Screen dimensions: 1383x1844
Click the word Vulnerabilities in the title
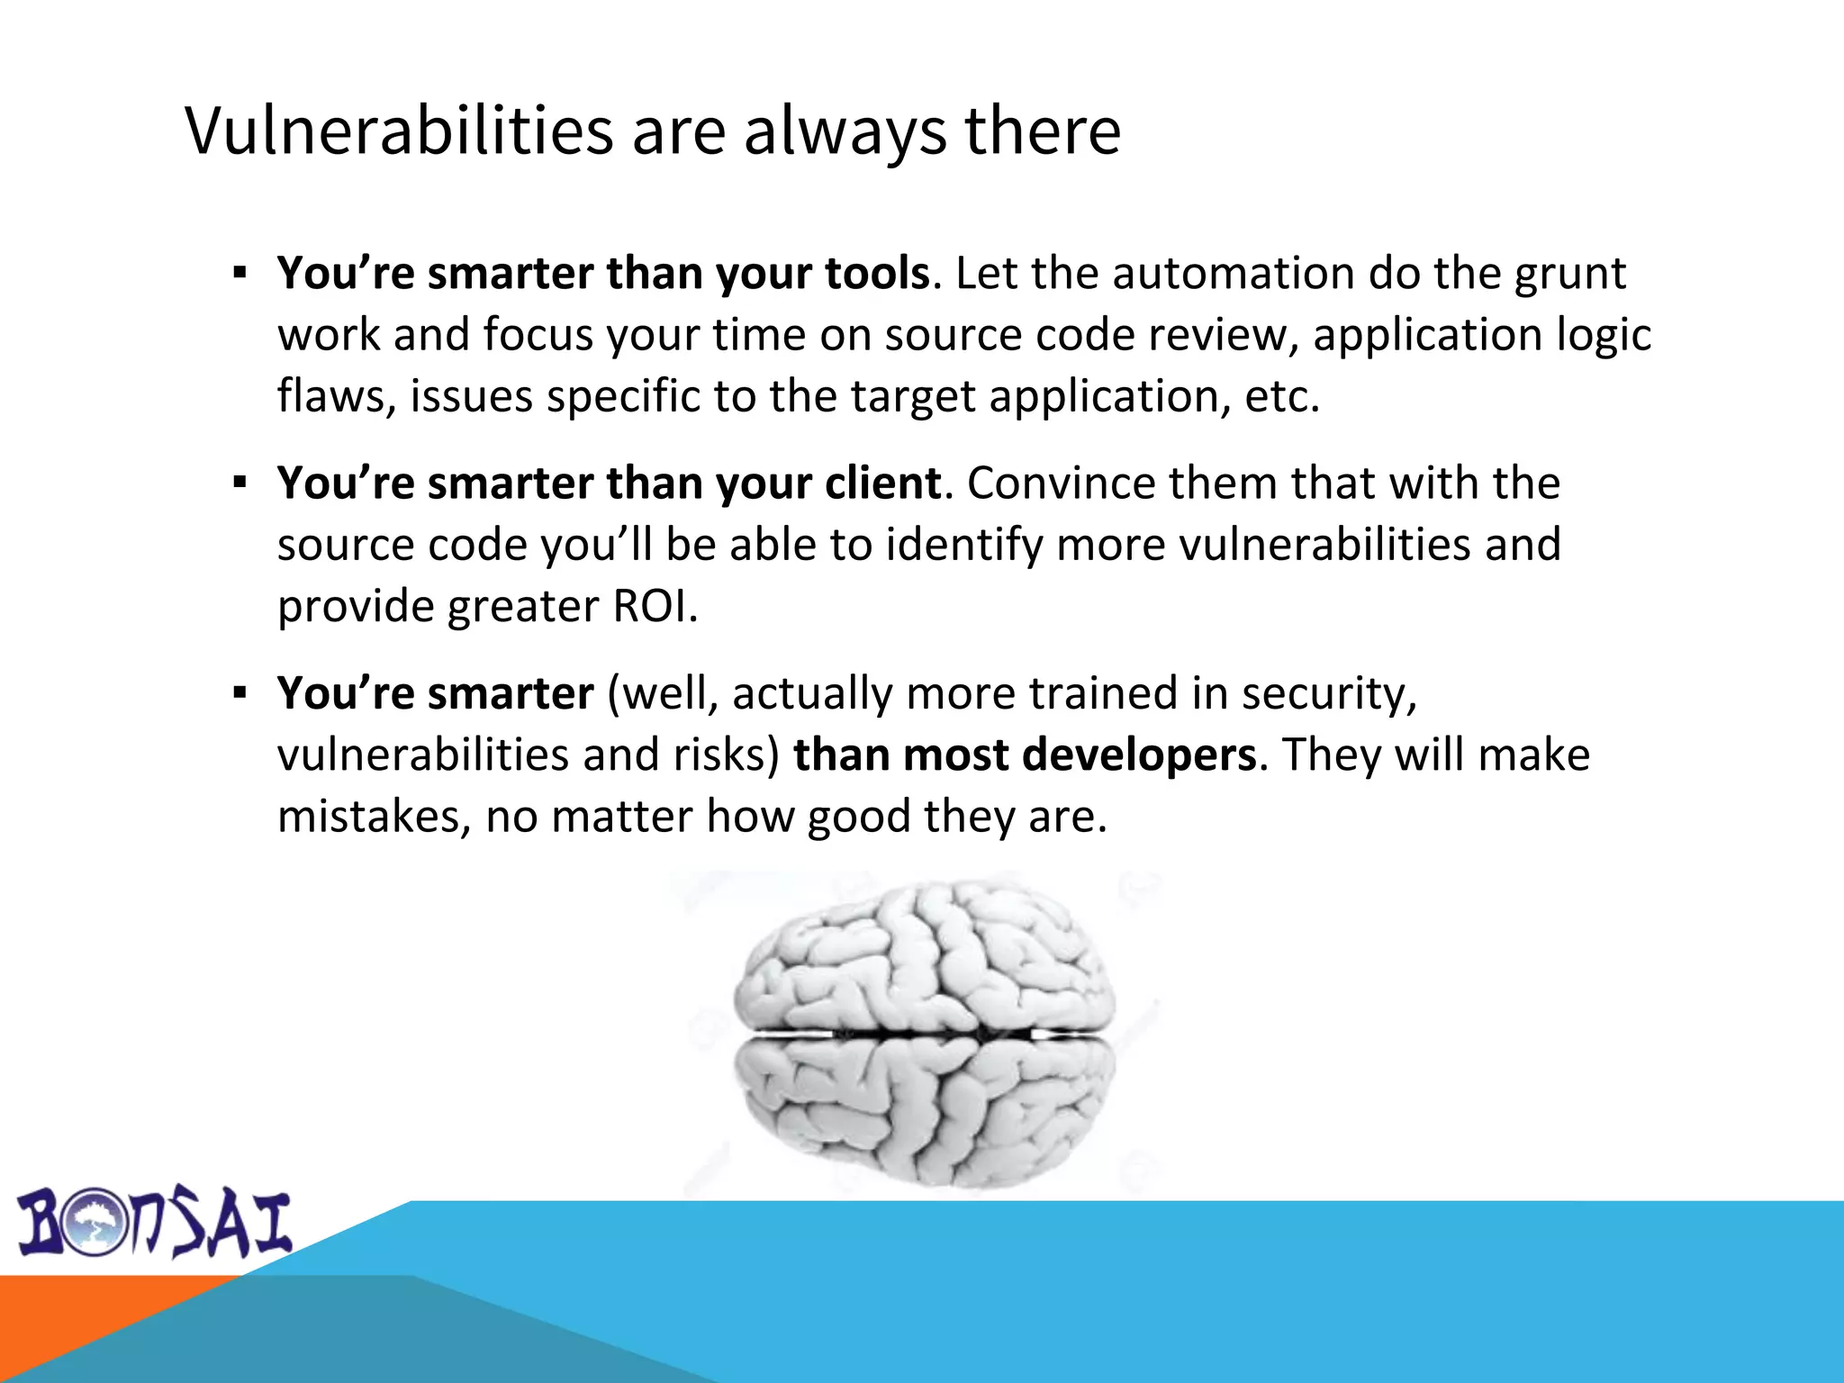(x=400, y=131)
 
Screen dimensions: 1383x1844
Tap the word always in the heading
(x=845, y=131)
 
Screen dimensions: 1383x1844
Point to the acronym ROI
(x=654, y=606)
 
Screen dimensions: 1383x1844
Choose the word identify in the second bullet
(x=963, y=545)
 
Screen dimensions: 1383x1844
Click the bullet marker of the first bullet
(x=240, y=273)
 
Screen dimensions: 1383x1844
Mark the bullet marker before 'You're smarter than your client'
(x=240, y=484)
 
